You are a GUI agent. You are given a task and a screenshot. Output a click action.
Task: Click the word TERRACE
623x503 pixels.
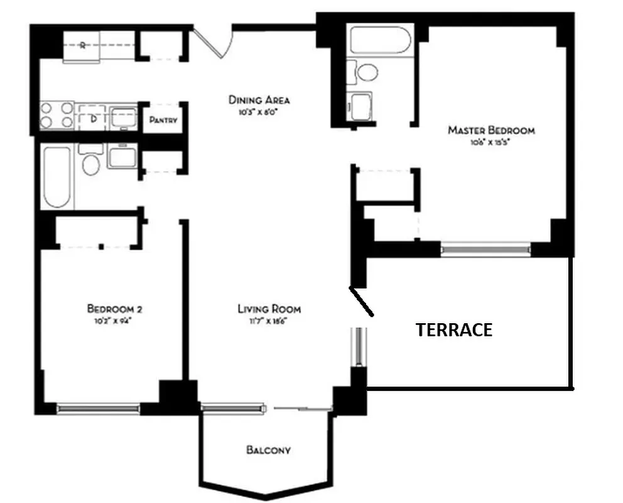454,330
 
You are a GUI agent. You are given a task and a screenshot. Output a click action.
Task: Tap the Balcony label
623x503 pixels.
268,450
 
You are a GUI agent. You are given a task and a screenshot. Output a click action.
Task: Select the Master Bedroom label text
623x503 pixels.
491,131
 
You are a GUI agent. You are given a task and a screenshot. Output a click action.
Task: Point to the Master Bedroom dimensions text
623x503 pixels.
491,143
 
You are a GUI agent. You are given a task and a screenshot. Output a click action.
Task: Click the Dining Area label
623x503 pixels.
259,100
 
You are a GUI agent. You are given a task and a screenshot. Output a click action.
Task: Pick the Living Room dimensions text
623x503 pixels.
269,320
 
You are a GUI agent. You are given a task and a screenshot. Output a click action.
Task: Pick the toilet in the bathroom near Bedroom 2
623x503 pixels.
91,162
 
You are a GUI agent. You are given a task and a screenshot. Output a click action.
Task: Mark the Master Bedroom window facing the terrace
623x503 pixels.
485,250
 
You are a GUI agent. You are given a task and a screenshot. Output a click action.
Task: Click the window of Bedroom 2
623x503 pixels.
98,408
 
